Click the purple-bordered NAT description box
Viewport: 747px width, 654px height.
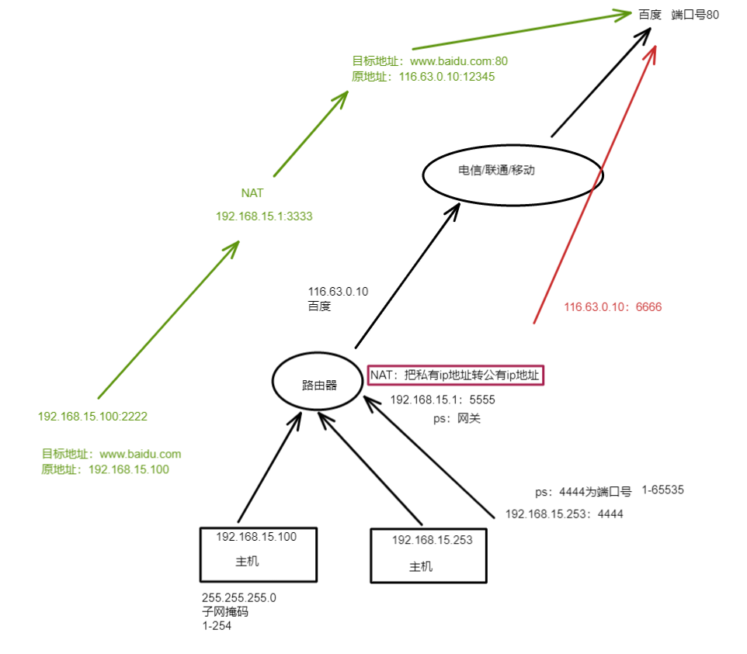coord(456,375)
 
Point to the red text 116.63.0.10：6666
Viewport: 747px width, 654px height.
coord(613,307)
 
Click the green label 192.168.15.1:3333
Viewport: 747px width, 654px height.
coord(264,216)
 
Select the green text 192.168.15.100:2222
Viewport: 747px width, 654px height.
coord(92,417)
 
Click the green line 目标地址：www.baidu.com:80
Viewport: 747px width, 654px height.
coord(429,61)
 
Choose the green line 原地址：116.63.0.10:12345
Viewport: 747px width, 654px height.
coord(423,77)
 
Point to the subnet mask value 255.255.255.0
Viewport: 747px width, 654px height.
coord(238,598)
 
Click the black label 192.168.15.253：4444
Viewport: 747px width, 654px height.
coord(564,514)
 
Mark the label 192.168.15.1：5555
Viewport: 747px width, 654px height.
coord(442,400)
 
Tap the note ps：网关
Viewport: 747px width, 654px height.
coord(456,418)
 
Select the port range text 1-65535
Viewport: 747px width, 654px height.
coord(662,490)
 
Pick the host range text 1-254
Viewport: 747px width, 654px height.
coord(216,625)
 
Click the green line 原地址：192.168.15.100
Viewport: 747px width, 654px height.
coord(105,469)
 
